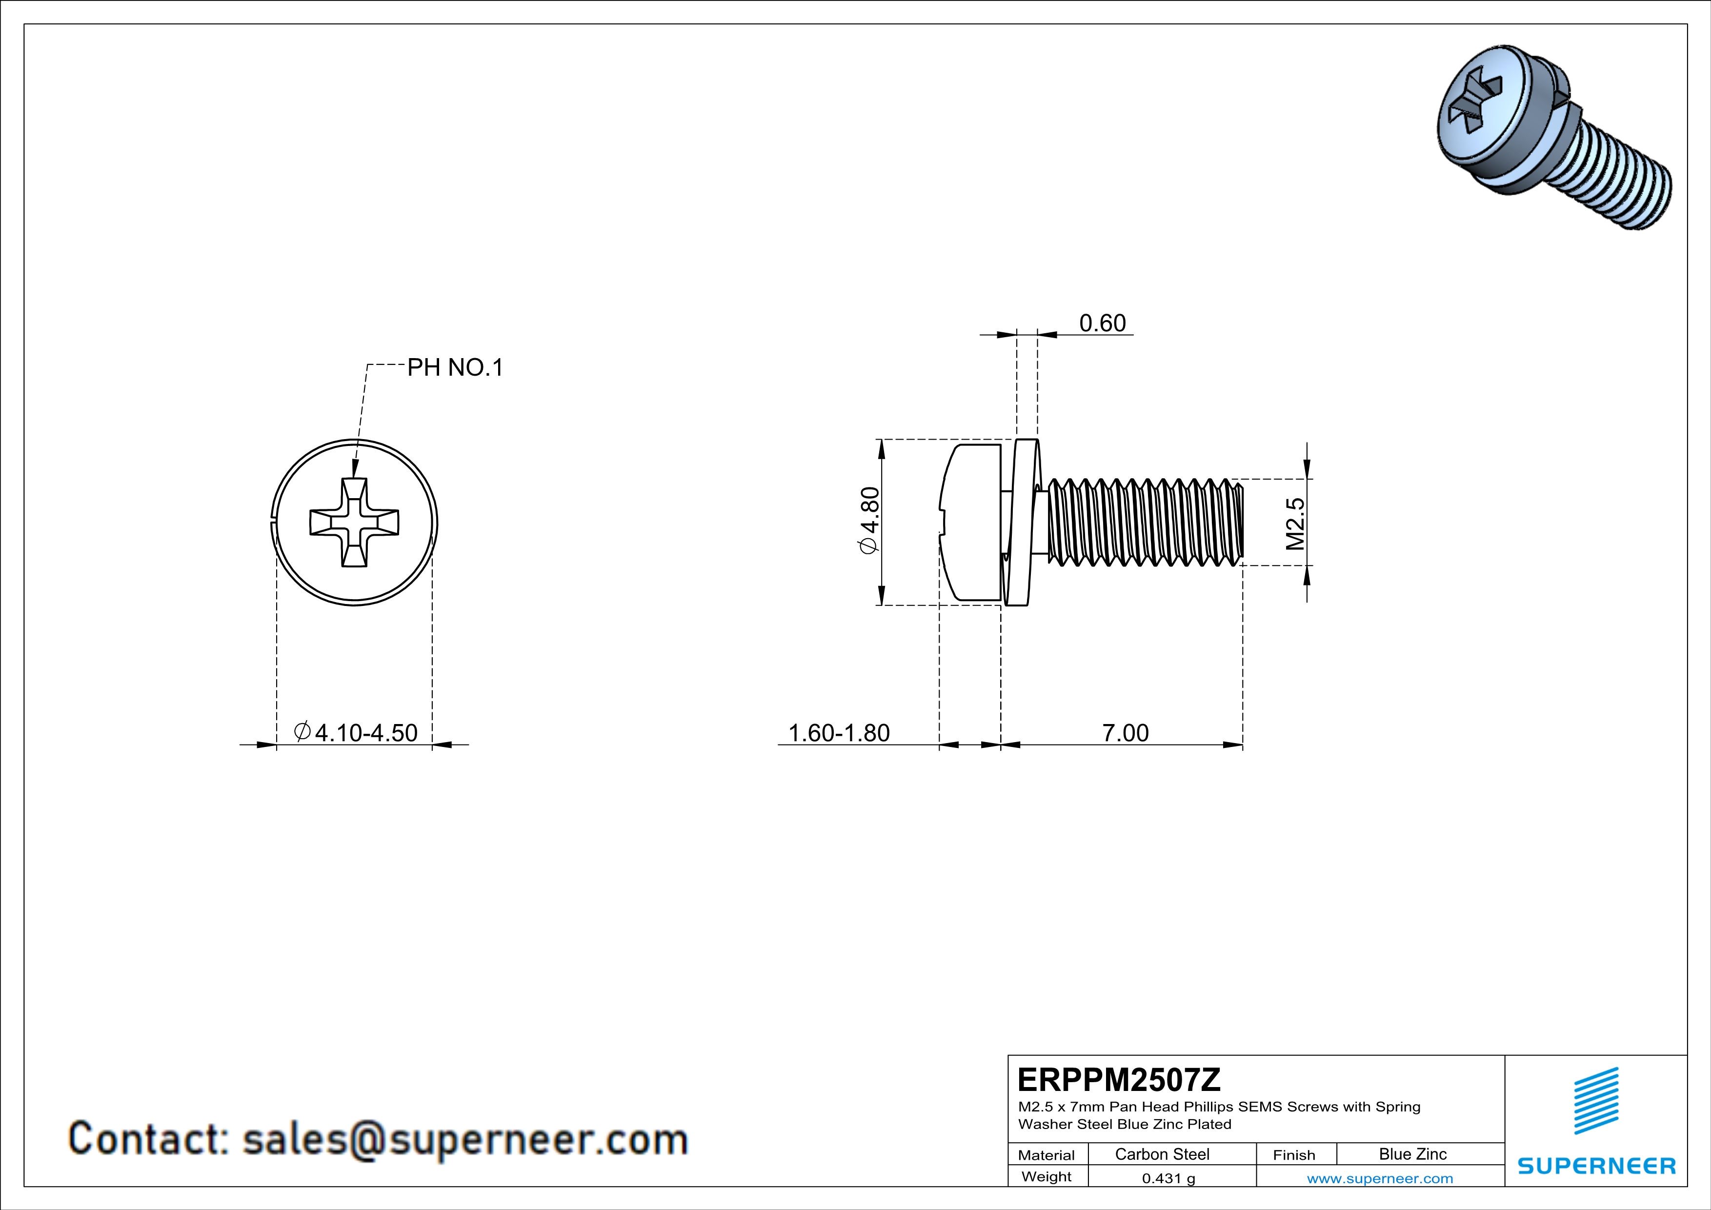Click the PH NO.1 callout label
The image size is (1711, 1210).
click(x=455, y=367)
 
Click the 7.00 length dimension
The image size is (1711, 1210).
click(x=1125, y=733)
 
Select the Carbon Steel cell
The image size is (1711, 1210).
click(x=1161, y=1154)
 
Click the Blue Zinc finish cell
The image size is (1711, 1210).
click(x=1412, y=1154)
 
